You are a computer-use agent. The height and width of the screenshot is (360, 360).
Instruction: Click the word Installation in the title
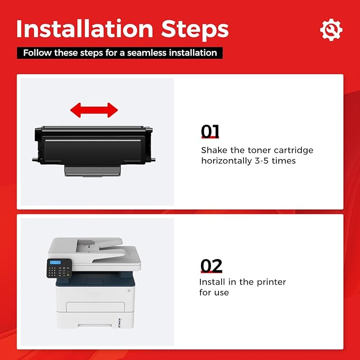pyautogui.click(x=85, y=29)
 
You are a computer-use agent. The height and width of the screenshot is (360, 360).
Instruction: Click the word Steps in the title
pyautogui.click(x=195, y=30)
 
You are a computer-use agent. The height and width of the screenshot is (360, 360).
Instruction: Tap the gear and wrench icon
pyautogui.click(x=331, y=30)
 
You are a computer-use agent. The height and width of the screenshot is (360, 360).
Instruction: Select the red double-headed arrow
pyautogui.click(x=94, y=110)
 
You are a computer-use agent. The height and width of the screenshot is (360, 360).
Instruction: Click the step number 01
pyautogui.click(x=210, y=131)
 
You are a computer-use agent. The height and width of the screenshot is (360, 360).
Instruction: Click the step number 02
pyautogui.click(x=211, y=266)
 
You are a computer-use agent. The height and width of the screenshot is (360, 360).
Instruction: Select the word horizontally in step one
pyautogui.click(x=226, y=161)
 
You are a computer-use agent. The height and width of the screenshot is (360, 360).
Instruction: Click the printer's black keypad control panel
pyautogui.click(x=59, y=268)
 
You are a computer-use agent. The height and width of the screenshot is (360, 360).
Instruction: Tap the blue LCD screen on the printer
pyautogui.click(x=55, y=262)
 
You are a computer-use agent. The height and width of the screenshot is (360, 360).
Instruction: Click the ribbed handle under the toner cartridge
pyautogui.click(x=93, y=171)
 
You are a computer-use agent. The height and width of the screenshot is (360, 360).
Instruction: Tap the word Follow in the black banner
pyautogui.click(x=37, y=53)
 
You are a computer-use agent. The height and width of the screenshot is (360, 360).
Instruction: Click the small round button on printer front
pyautogui.click(x=129, y=291)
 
